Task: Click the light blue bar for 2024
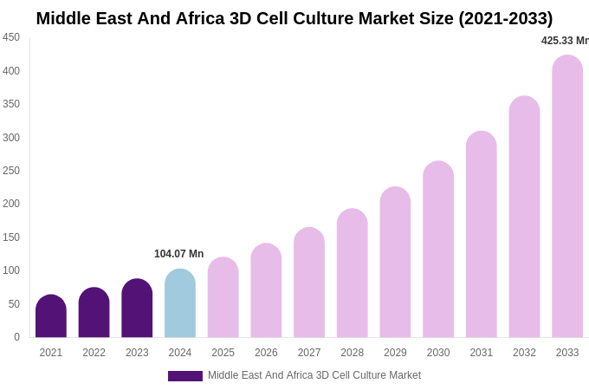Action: [x=180, y=303]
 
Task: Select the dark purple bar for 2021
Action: [x=51, y=316]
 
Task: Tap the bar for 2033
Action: [x=567, y=197]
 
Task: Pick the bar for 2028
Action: [x=353, y=273]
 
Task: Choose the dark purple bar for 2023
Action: [x=137, y=309]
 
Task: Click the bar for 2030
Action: [x=438, y=250]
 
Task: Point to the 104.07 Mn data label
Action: [x=178, y=254]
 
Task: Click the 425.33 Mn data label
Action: [x=565, y=41]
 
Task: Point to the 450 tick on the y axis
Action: [x=11, y=37]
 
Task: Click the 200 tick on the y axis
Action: [x=11, y=204]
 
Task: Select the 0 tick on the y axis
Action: [x=16, y=337]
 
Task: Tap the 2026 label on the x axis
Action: [x=266, y=353]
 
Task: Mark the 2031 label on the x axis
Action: [x=482, y=353]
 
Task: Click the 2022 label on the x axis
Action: [x=94, y=353]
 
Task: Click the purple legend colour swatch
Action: [x=185, y=376]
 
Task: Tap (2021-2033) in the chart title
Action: [x=505, y=18]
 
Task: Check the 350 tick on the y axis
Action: [x=11, y=104]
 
